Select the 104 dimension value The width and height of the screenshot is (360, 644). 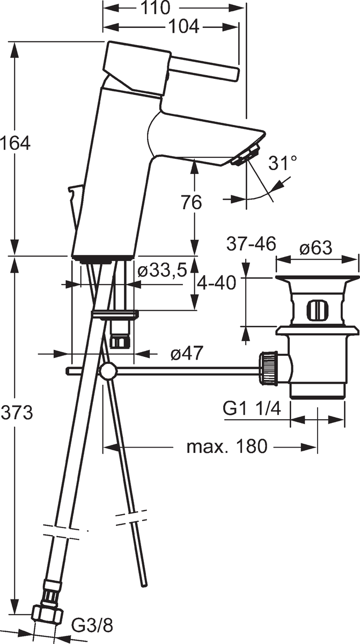pos(183,27)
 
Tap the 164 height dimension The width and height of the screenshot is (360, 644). pos(15,143)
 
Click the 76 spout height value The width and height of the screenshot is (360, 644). pos(192,202)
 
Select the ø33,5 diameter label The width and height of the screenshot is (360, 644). pos(163,270)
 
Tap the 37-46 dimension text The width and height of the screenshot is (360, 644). pos(251,244)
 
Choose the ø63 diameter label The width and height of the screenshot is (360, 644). pos(315,247)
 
